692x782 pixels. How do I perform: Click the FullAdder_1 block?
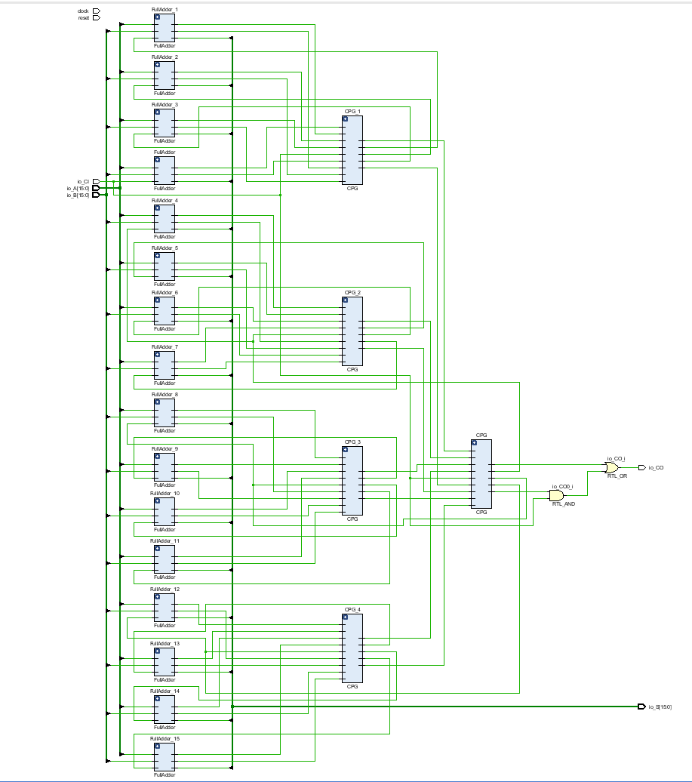coord(164,28)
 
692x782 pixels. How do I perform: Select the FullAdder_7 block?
coord(164,365)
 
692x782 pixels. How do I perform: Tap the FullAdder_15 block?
coord(164,757)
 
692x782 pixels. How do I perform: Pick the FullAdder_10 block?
coord(164,512)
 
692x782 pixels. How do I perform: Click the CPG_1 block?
coord(352,150)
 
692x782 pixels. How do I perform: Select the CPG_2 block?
coord(352,331)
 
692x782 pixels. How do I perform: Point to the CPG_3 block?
coord(352,481)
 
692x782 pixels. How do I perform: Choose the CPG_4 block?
coord(352,648)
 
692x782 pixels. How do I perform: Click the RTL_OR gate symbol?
coord(611,468)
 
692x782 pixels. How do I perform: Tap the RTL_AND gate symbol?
coord(556,495)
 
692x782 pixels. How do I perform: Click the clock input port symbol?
coord(96,11)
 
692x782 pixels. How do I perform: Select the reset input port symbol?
coord(96,17)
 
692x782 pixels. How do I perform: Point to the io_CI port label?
coord(82,182)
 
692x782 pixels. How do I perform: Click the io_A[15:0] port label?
coord(78,188)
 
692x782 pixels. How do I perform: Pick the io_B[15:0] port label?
coord(78,195)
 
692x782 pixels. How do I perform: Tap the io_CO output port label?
coord(656,468)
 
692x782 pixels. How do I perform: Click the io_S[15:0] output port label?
coord(660,707)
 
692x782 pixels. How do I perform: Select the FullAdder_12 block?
coord(164,607)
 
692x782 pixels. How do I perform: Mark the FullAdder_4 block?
coord(164,219)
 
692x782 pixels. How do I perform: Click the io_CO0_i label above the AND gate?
coord(562,486)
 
